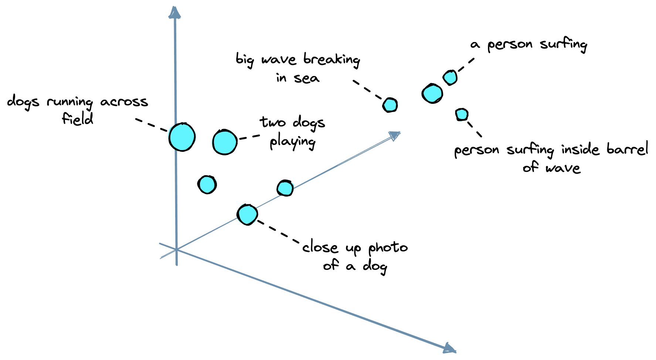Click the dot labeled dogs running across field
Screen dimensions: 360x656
tap(182, 137)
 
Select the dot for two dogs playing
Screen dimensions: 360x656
tap(225, 142)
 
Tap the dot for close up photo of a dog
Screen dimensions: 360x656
tap(247, 214)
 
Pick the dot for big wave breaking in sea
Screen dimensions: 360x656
tap(390, 105)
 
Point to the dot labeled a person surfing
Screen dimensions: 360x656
tap(450, 78)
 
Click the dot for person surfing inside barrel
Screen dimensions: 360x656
tap(462, 115)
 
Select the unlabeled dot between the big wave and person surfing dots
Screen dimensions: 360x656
tap(432, 94)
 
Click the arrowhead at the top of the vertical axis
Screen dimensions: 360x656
tap(174, 12)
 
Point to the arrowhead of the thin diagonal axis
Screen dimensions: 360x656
tap(395, 136)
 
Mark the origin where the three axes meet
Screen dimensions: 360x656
tap(177, 250)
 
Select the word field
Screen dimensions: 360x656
tap(78, 119)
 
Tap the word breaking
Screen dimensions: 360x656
tap(332, 60)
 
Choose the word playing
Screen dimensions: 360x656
tap(292, 142)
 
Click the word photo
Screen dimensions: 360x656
tap(388, 248)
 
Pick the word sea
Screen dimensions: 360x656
tap(306, 78)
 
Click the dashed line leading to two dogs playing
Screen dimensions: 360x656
tap(250, 137)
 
